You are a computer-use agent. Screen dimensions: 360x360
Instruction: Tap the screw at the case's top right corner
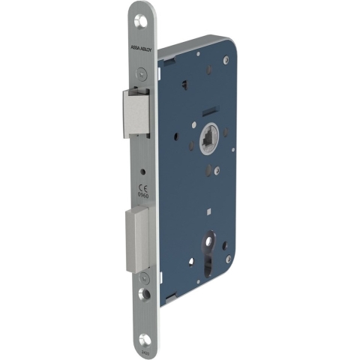pyautogui.click(x=226, y=58)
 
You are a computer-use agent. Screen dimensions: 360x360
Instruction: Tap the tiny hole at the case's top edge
pyautogui.click(x=198, y=52)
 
